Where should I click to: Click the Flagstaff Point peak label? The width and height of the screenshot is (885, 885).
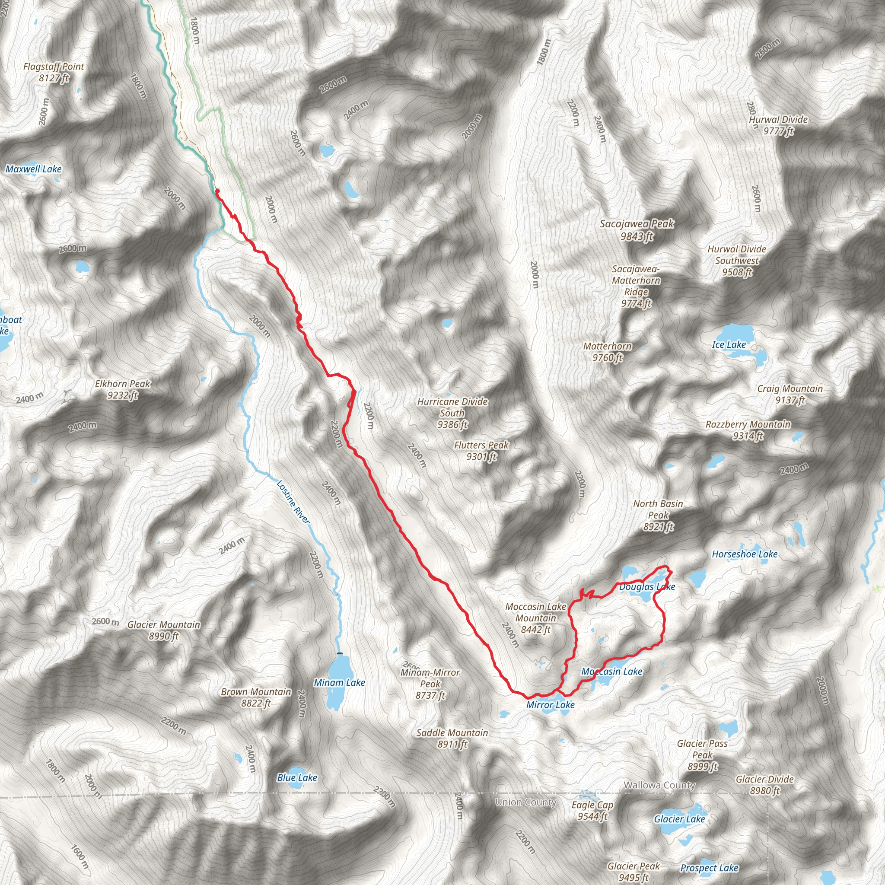click(54, 72)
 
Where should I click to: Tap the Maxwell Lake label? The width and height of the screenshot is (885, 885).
click(33, 169)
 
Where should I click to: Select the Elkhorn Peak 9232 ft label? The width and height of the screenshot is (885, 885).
click(122, 389)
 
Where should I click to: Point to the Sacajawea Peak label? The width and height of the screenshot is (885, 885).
click(637, 229)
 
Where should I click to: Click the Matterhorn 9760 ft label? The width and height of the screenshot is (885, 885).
click(608, 352)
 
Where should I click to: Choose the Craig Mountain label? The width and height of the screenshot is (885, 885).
click(790, 394)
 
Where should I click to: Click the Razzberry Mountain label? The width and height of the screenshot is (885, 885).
click(748, 430)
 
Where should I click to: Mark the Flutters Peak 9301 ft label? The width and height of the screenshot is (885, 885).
click(481, 450)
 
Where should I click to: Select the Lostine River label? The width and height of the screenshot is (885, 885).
click(293, 502)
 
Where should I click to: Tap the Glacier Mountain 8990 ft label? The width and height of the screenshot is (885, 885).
click(163, 630)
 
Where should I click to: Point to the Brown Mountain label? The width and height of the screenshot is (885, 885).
click(256, 697)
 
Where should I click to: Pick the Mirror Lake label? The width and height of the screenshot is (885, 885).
click(550, 705)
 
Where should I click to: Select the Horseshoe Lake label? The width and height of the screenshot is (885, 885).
click(745, 554)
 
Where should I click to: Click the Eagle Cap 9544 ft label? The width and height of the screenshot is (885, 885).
click(592, 811)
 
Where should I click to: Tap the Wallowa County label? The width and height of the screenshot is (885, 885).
click(659, 785)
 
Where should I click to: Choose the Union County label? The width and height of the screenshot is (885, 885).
click(525, 802)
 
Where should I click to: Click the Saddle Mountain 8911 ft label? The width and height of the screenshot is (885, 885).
click(452, 739)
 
